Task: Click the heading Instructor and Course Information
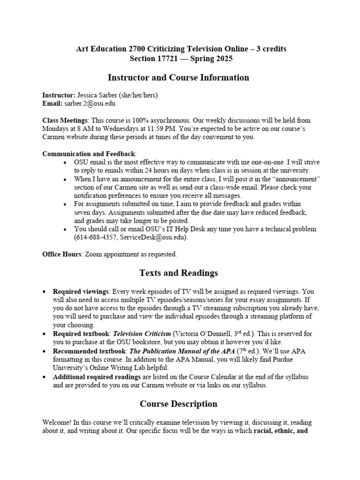pyautogui.click(x=178, y=78)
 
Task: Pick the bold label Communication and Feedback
pyautogui.click(x=89, y=154)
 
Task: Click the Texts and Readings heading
pyautogui.click(x=178, y=273)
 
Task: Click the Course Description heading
pyautogui.click(x=178, y=404)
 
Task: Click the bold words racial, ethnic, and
pyautogui.click(x=280, y=431)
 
